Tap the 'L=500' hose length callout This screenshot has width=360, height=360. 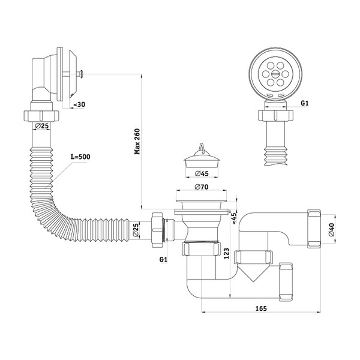click(80, 157)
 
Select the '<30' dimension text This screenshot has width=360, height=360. click(79, 105)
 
